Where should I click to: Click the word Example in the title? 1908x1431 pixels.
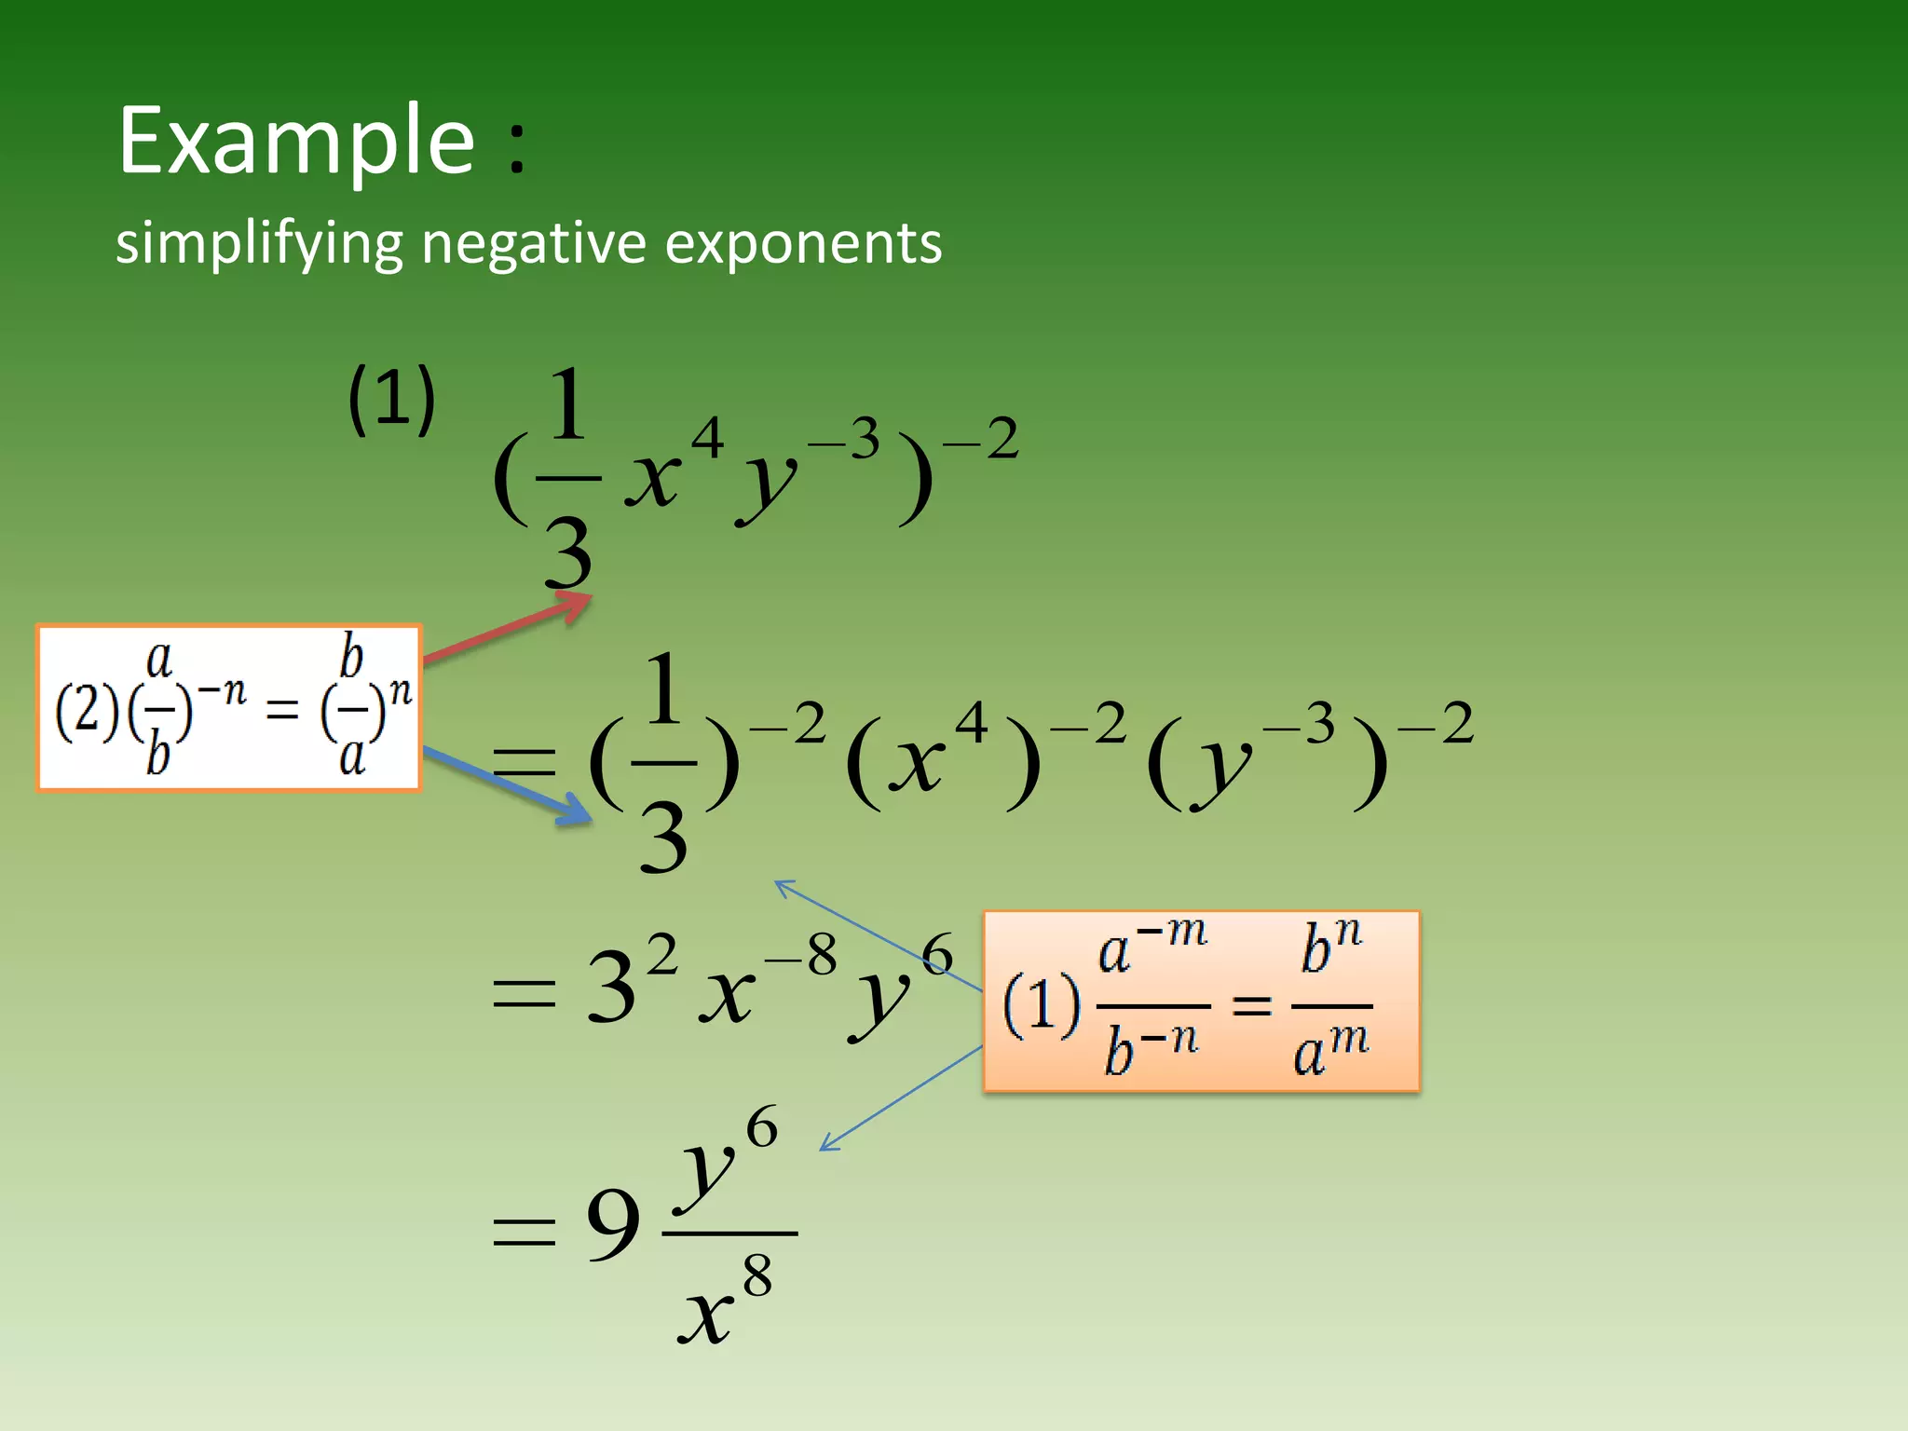296,142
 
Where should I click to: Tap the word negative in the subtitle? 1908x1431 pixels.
533,244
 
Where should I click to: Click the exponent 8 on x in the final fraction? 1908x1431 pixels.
757,1275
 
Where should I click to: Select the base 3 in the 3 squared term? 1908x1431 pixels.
611,989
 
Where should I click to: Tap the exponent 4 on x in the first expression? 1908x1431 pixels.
707,438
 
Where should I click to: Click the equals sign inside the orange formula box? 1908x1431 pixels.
1251,1004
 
